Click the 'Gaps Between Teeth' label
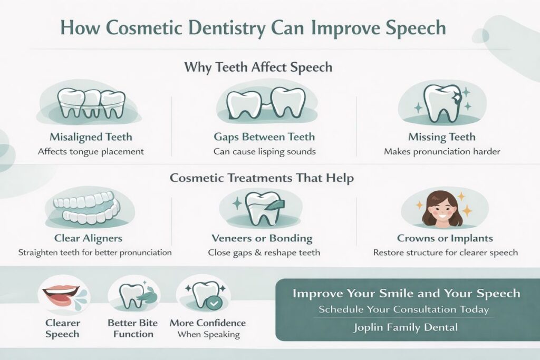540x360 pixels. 265,137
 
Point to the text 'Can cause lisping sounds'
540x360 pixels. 265,151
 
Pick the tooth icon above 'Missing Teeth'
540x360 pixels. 441,103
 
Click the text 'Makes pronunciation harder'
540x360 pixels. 442,151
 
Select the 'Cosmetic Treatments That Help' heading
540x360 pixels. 262,178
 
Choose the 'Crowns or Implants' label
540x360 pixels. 446,238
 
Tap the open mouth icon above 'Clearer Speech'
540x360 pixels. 62,293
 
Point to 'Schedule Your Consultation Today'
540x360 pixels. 403,309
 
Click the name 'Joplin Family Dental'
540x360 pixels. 406,327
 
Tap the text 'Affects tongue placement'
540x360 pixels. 91,151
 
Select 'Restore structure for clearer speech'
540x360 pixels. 445,252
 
